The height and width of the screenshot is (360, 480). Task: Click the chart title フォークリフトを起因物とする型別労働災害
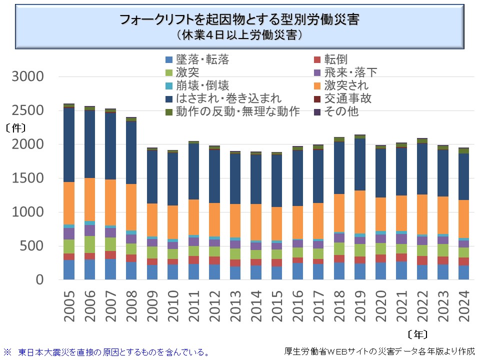(x=239, y=20)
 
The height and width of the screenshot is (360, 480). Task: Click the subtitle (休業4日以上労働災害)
(x=239, y=35)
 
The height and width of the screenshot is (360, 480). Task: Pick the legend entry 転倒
(x=335, y=60)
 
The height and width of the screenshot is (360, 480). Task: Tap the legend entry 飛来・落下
(x=350, y=73)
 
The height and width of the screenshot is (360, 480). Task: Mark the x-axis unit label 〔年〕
(x=417, y=333)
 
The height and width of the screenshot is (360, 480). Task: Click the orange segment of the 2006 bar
(x=89, y=199)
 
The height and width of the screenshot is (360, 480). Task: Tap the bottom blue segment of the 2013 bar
(x=235, y=273)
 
